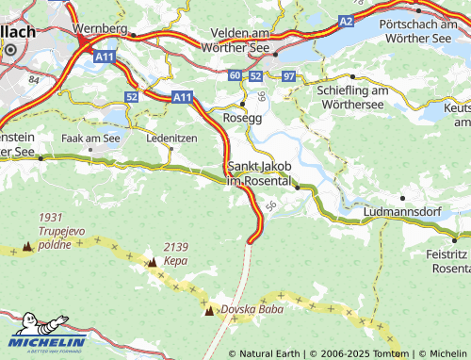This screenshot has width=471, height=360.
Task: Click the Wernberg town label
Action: pyautogui.click(x=99, y=29)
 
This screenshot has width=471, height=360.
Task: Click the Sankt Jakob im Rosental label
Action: pyautogui.click(x=271, y=173)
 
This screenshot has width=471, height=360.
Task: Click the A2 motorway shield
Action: pyautogui.click(x=346, y=19)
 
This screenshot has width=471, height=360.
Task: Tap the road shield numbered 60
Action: pyautogui.click(x=234, y=74)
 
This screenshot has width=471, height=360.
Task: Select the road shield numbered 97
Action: pyautogui.click(x=288, y=74)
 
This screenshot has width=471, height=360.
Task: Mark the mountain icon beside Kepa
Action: pyautogui.click(x=152, y=261)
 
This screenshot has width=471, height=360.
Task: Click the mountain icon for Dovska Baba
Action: pyautogui.click(x=209, y=309)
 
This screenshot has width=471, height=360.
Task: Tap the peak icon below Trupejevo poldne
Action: pyautogui.click(x=26, y=247)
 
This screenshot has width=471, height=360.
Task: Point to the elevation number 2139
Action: pyautogui.click(x=176, y=247)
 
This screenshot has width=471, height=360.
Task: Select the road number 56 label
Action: pyautogui.click(x=271, y=205)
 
